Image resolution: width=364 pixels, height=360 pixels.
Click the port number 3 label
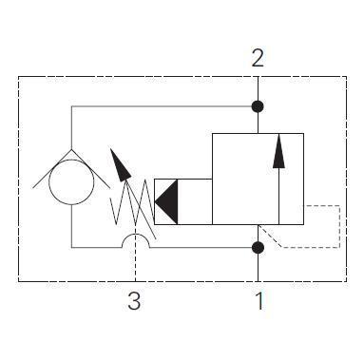coord(135,303)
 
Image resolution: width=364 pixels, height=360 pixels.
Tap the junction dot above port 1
coord(258,248)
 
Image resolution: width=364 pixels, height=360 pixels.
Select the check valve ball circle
coord(71,180)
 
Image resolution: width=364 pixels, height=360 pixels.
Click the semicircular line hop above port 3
coord(135,240)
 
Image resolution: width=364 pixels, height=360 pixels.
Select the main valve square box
coord(258,179)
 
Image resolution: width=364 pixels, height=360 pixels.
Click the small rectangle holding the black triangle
coord(182,201)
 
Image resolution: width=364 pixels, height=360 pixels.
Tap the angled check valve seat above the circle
coord(71,150)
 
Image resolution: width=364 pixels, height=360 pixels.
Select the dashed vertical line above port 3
coord(135,266)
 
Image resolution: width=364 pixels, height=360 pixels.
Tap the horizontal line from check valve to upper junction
coord(162,104)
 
